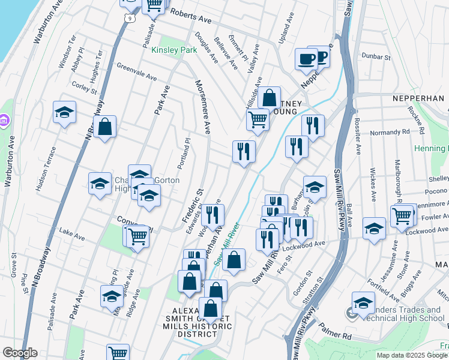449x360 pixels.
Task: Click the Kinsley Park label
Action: [x=174, y=50]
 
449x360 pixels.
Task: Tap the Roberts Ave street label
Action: [x=191, y=19]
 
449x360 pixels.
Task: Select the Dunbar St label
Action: [x=376, y=57]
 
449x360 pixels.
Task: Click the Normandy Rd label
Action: [x=389, y=132]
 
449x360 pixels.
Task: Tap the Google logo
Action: [x=20, y=353]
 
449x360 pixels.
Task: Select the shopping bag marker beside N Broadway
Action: [x=104, y=127]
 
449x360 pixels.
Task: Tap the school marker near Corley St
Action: [x=64, y=112]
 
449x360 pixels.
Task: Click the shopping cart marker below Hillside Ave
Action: [x=258, y=119]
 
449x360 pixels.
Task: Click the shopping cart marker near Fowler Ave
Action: [x=401, y=215]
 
